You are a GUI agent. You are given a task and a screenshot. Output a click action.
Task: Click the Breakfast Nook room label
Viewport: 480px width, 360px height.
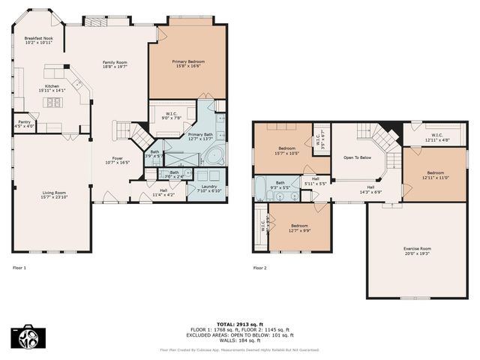pyautogui.click(x=37, y=40)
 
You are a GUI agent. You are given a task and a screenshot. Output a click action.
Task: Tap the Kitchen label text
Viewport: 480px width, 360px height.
pyautogui.click(x=52, y=88)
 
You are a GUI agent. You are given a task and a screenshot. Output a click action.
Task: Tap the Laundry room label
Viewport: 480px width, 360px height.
pyautogui.click(x=208, y=188)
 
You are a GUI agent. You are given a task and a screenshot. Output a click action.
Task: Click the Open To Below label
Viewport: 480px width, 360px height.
pyautogui.click(x=358, y=158)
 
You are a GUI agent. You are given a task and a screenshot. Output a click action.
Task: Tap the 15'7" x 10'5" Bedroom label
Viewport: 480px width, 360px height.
pyautogui.click(x=287, y=151)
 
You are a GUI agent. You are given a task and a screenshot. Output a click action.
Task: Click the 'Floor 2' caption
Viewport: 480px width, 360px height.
pyautogui.click(x=259, y=267)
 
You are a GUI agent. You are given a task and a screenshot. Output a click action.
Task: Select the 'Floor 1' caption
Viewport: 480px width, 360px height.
pyautogui.click(x=19, y=267)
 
